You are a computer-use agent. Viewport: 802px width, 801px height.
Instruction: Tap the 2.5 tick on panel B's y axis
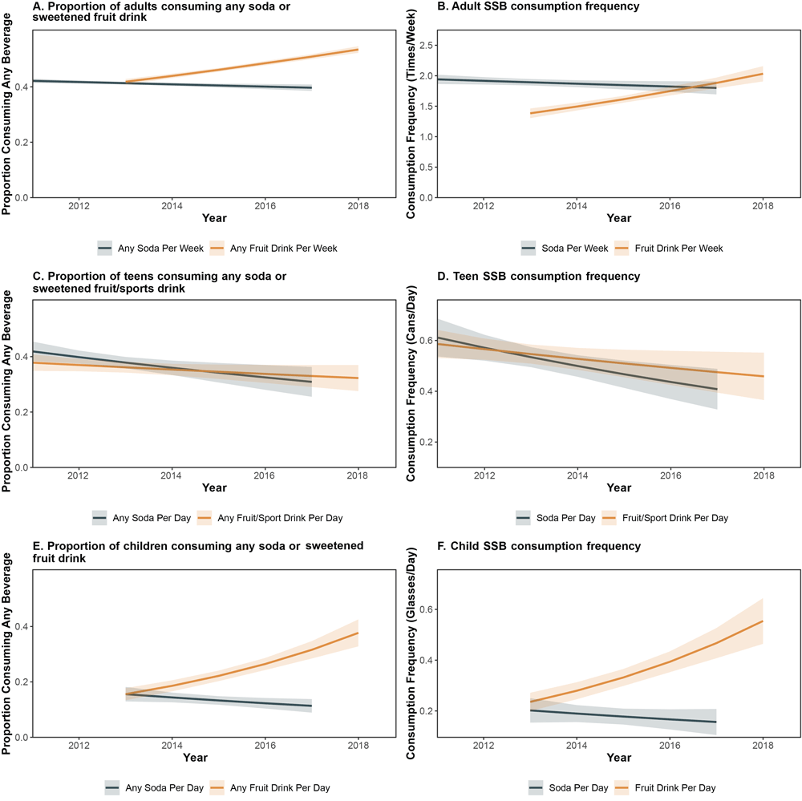coord(423,46)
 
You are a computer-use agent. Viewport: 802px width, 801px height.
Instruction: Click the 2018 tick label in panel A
coord(358,206)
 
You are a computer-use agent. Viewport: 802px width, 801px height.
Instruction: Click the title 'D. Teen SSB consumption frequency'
coord(524,277)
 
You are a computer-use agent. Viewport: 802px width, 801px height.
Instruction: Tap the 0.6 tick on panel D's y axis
coord(423,340)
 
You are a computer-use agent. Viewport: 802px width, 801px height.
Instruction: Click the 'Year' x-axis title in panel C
coord(214,487)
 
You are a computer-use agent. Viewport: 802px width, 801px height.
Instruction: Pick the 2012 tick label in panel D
coord(483,476)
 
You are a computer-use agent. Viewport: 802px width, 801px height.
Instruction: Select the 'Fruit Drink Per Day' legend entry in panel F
coord(670,788)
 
